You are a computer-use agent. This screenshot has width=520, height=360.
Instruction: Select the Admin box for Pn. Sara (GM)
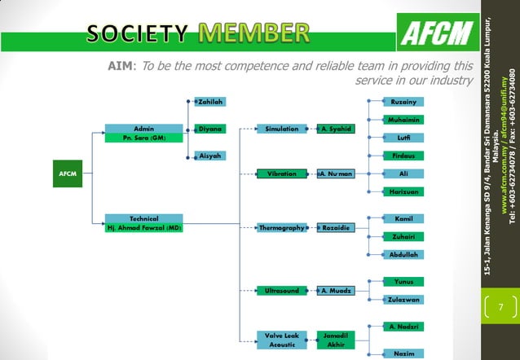[144, 134]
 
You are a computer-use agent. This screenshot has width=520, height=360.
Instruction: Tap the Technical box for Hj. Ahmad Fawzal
[144, 223]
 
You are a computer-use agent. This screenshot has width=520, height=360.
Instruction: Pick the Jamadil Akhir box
[336, 340]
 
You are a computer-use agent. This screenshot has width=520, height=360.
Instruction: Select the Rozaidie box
[336, 227]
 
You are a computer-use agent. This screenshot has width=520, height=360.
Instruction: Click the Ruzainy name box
[404, 102]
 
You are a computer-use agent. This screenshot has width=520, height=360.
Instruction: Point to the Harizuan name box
[404, 191]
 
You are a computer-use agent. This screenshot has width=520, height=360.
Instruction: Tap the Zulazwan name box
[404, 299]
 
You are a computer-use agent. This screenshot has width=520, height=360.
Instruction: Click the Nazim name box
[404, 353]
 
